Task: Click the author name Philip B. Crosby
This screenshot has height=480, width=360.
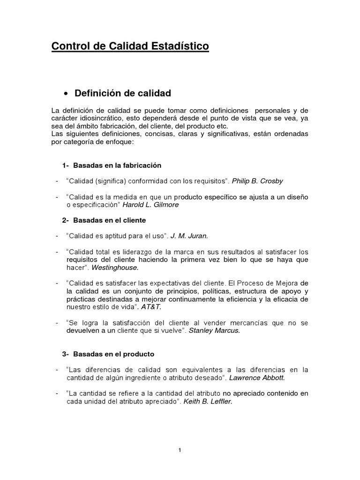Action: [259, 180]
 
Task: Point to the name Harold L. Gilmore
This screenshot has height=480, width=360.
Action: [150, 204]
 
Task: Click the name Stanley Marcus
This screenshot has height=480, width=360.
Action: [214, 330]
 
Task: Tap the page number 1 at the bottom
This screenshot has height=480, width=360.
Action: [180, 450]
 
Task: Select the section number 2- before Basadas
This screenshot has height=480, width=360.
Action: [66, 220]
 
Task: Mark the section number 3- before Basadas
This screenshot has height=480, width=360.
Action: [66, 354]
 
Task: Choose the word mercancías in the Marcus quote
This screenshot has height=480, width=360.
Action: [251, 322]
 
